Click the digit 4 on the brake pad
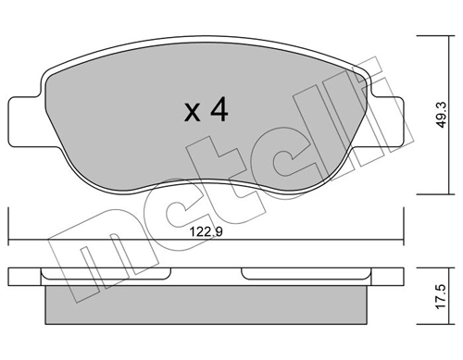pos(218,111)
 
